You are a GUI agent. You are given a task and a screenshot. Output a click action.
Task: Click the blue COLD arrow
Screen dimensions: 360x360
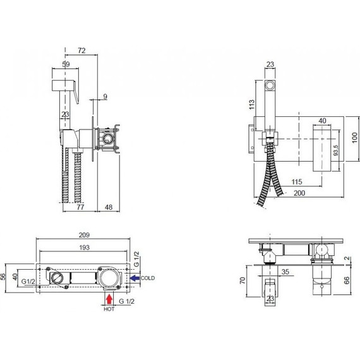(x=135, y=279)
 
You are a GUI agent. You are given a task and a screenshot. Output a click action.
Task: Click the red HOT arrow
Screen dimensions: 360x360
(x=109, y=299)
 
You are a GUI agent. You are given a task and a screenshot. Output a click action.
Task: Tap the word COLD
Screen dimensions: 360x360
(x=148, y=278)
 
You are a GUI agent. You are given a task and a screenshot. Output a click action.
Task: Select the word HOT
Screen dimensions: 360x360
(x=109, y=309)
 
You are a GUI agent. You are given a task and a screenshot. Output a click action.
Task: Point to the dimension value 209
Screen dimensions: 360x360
(x=84, y=235)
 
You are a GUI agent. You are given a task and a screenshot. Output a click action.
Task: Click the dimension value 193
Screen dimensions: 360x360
(x=84, y=248)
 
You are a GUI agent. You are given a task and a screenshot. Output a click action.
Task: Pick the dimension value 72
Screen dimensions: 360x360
(x=81, y=51)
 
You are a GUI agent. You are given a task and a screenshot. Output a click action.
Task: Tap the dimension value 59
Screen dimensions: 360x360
(x=66, y=64)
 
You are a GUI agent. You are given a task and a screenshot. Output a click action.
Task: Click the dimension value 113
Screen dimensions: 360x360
(x=252, y=104)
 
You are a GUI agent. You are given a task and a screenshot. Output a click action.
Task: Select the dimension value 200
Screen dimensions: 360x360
(x=299, y=193)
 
